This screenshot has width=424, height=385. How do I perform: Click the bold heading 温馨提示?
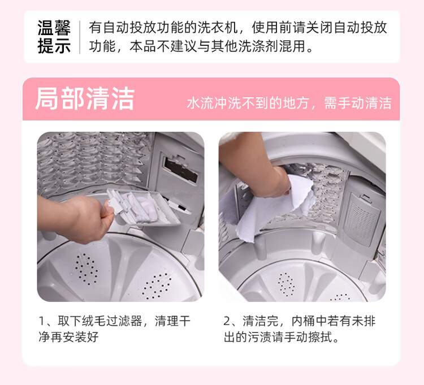(x=54, y=37)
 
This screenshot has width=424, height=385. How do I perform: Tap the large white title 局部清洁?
(x=85, y=99)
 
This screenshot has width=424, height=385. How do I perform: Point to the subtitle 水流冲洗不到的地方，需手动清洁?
(x=289, y=103)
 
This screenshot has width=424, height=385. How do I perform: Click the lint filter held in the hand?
(x=144, y=207)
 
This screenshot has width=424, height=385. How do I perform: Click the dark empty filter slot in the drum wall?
(x=181, y=170)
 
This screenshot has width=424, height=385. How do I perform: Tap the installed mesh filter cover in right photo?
(x=361, y=218)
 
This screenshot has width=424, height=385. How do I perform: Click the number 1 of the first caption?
(x=42, y=321)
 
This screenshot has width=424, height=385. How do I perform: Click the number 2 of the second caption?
(x=227, y=321)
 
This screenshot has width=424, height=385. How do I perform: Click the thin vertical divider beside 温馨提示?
(x=80, y=37)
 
